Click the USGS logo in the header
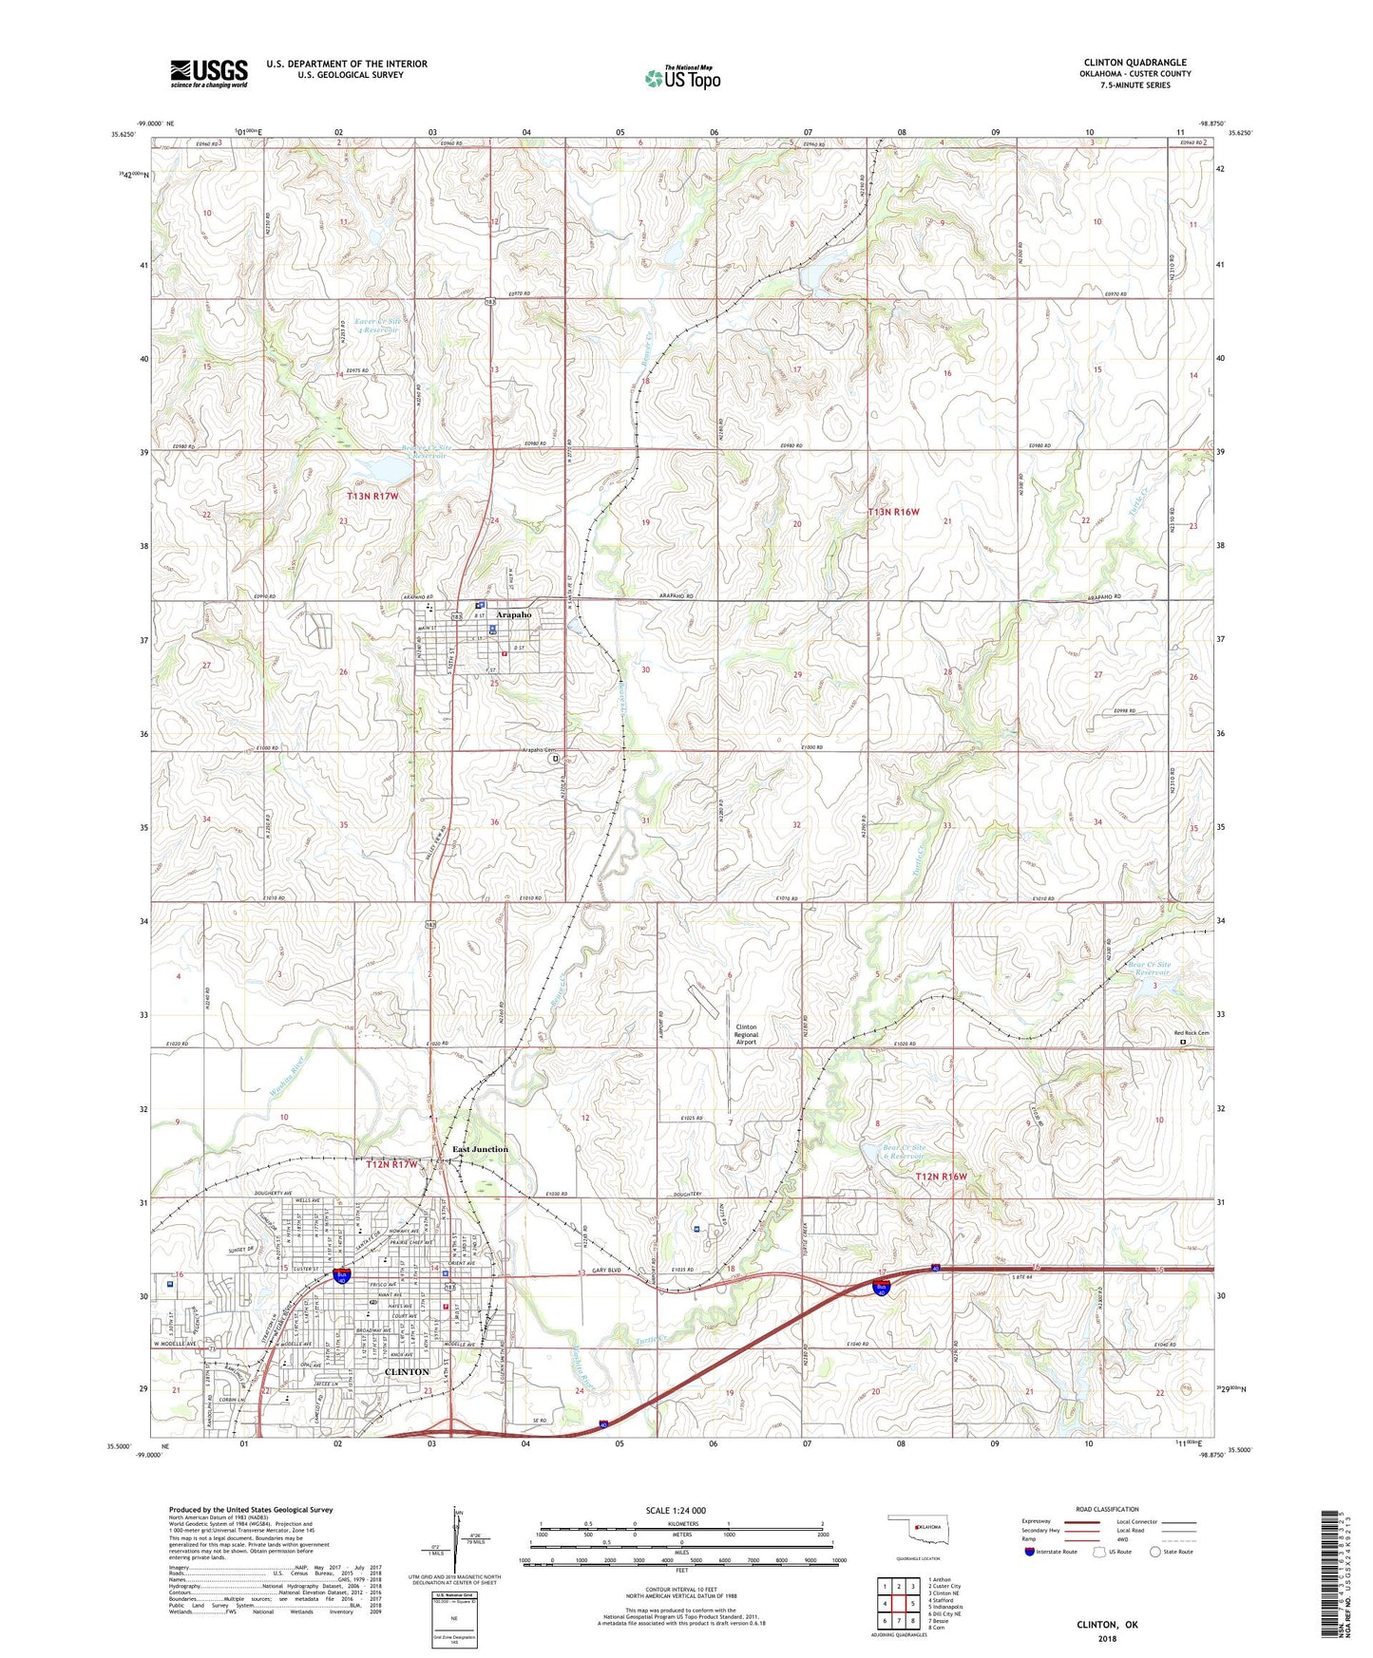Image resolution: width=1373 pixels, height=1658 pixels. [x=209, y=73]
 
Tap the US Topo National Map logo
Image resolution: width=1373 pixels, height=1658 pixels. [x=682, y=78]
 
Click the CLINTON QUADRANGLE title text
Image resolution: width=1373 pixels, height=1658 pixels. [x=1135, y=63]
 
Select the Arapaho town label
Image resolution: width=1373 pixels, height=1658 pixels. [x=514, y=614]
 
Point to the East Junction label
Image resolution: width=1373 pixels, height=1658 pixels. [x=480, y=1149]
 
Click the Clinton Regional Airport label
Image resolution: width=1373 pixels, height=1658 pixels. [x=746, y=1034]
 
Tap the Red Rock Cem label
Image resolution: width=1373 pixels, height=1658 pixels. [x=1192, y=1032]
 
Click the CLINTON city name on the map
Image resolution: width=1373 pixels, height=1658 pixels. [x=406, y=1372]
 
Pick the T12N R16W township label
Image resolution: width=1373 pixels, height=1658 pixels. [x=941, y=1177]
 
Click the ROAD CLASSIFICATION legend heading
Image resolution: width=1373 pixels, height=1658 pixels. [x=1107, y=1509]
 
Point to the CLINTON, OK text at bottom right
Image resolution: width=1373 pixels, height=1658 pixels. [x=1107, y=1625]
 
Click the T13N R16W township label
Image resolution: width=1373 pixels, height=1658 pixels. [x=894, y=512]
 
